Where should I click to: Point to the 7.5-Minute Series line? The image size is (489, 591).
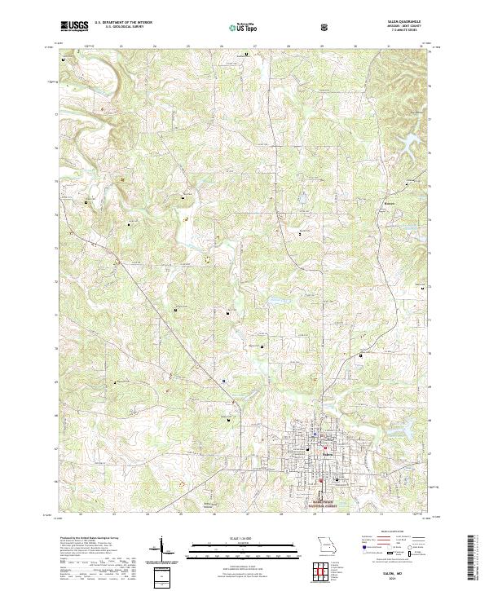[408, 30]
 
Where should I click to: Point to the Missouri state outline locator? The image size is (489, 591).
[326, 544]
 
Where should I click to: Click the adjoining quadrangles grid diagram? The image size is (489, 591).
[326, 570]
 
